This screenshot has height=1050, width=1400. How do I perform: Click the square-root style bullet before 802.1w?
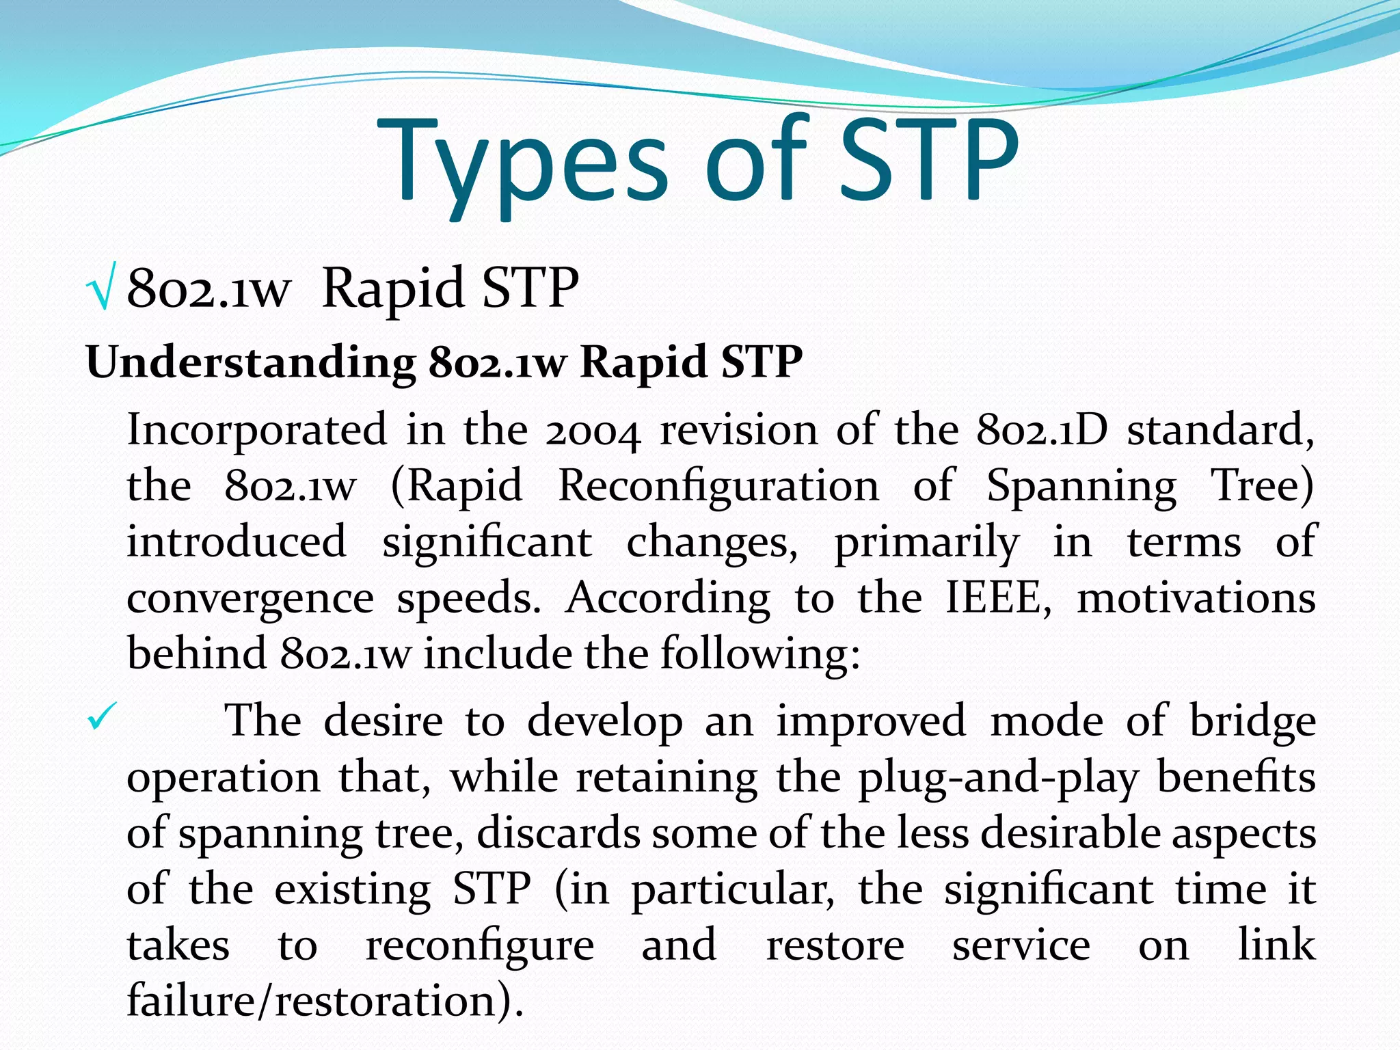coord(102,287)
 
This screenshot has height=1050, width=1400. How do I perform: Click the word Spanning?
coord(1081,487)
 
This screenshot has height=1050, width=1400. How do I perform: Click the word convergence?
coord(250,599)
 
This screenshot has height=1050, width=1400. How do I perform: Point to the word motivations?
coord(1196,597)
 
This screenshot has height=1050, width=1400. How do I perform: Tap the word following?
coord(759,654)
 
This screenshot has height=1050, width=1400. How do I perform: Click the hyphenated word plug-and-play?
coord(998,778)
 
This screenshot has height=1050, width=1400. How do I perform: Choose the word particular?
coord(732,890)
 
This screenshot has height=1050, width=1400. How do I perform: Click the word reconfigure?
coord(480,946)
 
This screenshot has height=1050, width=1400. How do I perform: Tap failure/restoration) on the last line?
coord(325,1001)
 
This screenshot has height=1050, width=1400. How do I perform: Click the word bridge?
coord(1252,722)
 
